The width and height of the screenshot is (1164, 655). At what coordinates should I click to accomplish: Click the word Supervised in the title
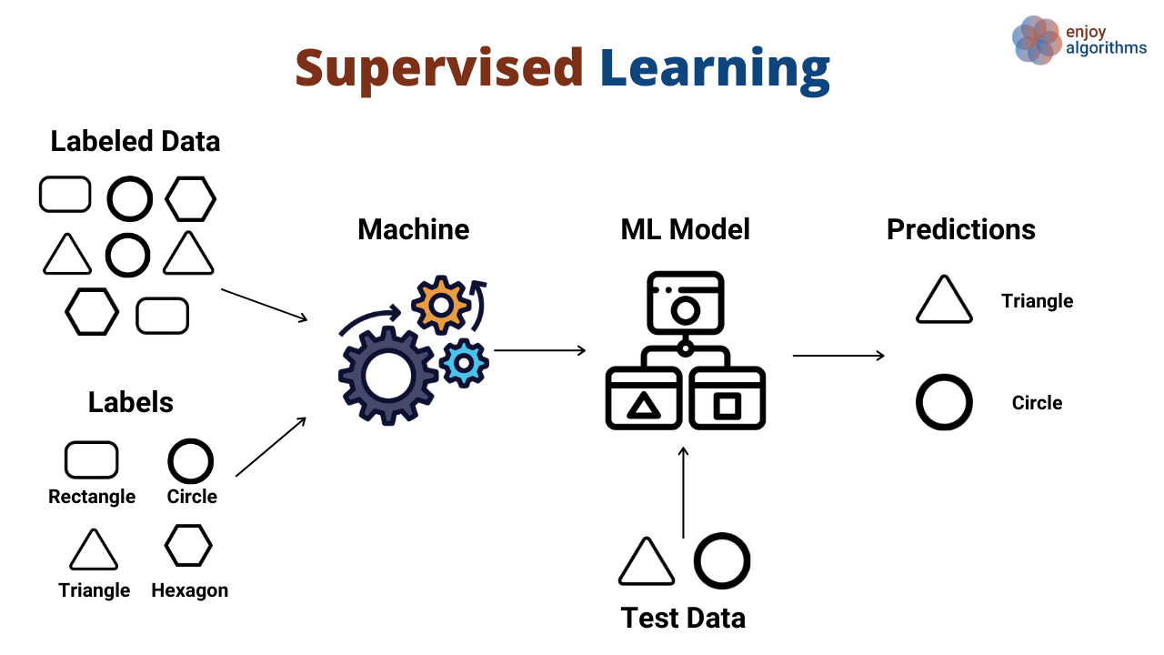[438, 69]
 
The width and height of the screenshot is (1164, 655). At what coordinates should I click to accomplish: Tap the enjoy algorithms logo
[1079, 40]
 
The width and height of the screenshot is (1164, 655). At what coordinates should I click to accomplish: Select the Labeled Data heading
[135, 141]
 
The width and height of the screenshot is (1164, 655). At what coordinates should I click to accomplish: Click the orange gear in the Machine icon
[441, 306]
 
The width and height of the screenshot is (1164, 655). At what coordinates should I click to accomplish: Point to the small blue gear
[464, 362]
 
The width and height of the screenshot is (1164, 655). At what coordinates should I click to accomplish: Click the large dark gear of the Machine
[387, 375]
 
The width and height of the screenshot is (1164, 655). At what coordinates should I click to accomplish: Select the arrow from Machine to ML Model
[539, 350]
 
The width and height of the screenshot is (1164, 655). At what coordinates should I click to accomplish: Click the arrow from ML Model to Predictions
[838, 355]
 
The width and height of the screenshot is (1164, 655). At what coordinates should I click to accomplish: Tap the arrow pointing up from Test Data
[684, 491]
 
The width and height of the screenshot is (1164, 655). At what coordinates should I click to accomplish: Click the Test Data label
[683, 618]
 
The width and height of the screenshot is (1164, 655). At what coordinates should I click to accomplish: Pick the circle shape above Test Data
[722, 560]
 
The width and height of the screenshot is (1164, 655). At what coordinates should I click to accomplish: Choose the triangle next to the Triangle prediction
[944, 301]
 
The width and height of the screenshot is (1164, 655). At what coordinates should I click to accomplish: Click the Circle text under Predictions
[1037, 403]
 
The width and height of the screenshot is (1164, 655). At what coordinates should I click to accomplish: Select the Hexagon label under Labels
[189, 590]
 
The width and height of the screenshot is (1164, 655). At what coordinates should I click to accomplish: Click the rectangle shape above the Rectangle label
[91, 459]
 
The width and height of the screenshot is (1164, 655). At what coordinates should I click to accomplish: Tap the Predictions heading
[960, 229]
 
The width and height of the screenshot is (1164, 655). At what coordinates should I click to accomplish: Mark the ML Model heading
[685, 229]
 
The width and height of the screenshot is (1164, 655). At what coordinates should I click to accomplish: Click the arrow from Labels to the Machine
[270, 447]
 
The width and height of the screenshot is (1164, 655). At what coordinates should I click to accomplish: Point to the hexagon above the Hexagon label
[188, 546]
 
